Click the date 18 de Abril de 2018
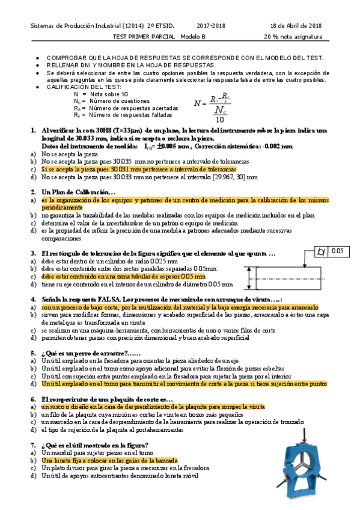pos(296,25)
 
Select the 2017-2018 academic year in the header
pos(212,25)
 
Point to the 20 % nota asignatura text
pos(293,36)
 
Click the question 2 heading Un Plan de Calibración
pos(78,192)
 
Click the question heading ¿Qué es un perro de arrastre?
pos(84,352)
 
